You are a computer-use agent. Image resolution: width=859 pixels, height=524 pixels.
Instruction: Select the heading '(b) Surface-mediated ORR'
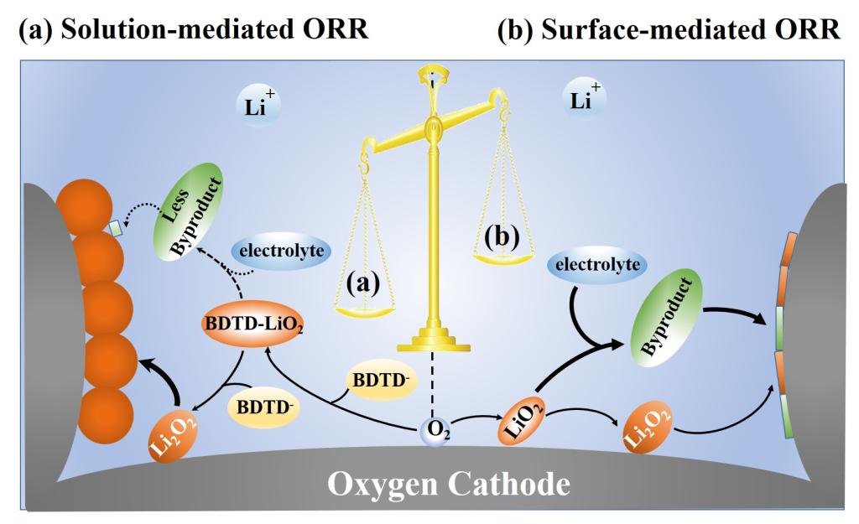pyautogui.click(x=669, y=31)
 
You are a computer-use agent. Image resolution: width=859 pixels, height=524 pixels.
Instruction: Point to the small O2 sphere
pyautogui.click(x=433, y=432)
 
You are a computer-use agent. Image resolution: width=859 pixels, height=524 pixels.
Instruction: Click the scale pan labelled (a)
pyautogui.click(x=362, y=310)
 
